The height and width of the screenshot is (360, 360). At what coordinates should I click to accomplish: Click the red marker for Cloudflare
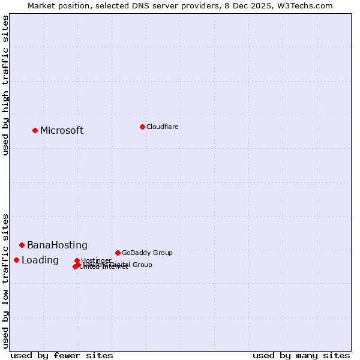(x=142, y=127)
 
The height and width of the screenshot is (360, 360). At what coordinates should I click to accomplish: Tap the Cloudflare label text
(x=162, y=127)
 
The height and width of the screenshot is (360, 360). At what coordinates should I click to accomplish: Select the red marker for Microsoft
(x=35, y=130)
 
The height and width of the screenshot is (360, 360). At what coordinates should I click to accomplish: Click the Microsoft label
(x=62, y=131)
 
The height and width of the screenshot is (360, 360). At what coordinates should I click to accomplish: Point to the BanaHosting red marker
(x=22, y=245)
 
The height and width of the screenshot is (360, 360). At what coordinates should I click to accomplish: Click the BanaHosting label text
(x=57, y=245)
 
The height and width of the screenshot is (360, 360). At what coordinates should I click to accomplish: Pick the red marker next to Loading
(x=16, y=260)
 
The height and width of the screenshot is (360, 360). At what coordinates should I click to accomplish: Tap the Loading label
(x=40, y=260)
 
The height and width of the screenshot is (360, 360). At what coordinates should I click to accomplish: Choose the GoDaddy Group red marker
(x=118, y=253)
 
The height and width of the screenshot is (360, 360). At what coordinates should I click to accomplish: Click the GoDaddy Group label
(x=147, y=253)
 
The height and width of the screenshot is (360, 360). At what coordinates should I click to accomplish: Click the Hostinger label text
(x=96, y=260)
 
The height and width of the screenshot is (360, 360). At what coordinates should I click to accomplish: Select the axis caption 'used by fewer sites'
(x=62, y=355)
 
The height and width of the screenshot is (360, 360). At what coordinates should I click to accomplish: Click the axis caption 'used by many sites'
(x=301, y=355)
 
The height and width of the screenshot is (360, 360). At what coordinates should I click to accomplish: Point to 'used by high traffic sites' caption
(x=5, y=85)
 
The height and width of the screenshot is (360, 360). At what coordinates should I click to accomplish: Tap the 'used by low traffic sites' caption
(x=5, y=280)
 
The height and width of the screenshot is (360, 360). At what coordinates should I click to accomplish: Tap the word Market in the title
(x=42, y=5)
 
